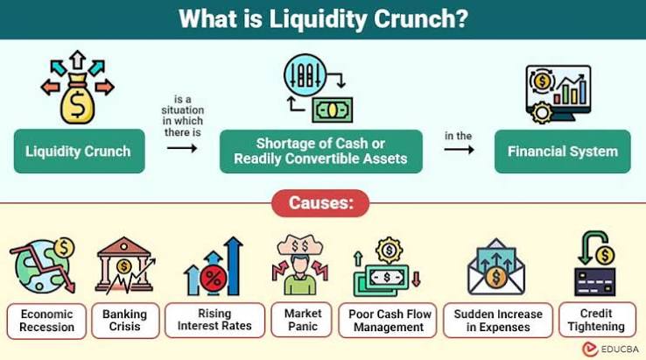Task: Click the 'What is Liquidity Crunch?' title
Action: [x=323, y=19]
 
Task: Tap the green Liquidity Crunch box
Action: [x=79, y=151]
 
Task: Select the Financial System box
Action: [x=562, y=152]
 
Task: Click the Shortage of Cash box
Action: [x=321, y=152]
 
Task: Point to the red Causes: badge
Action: [x=320, y=203]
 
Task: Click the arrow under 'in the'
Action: [x=459, y=149]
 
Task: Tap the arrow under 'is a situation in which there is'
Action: [x=182, y=148]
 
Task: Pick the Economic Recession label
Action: [x=46, y=321]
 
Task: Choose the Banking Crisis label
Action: [x=125, y=321]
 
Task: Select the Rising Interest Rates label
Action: [x=214, y=320]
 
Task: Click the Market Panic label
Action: [x=302, y=320]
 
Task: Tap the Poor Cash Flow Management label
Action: [x=388, y=321]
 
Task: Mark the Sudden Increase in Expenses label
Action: [x=498, y=321]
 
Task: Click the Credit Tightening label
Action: [x=597, y=320]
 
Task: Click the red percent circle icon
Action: [x=213, y=279]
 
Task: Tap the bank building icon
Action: [x=124, y=265]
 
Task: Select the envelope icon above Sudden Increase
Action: [x=496, y=267]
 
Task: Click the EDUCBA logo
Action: [x=610, y=349]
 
